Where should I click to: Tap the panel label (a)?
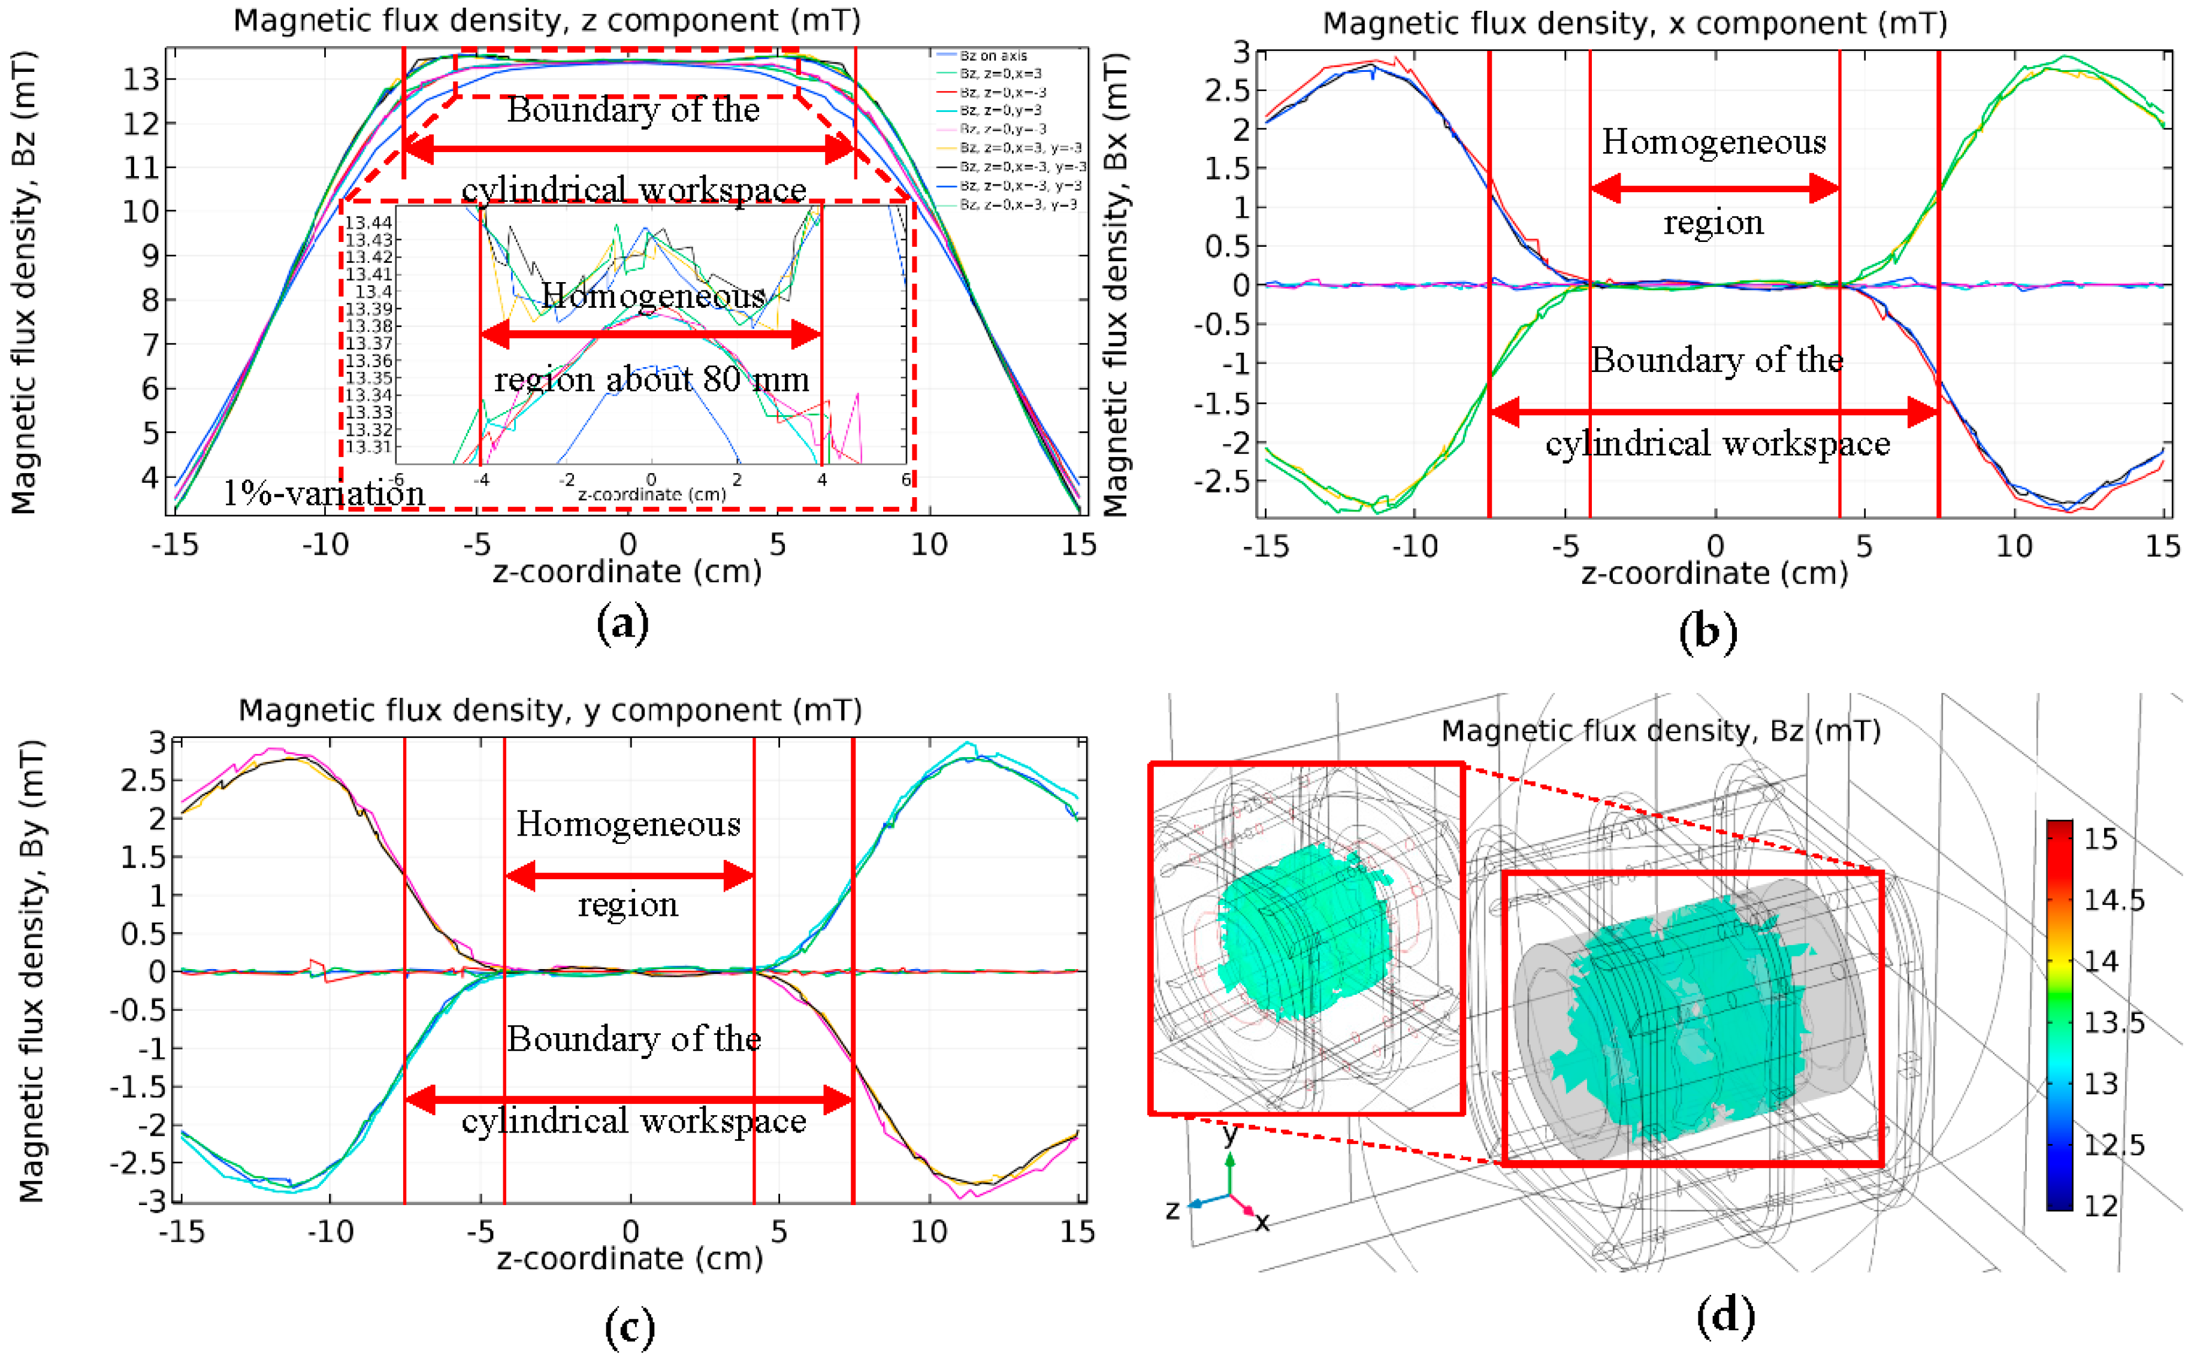click(x=622, y=623)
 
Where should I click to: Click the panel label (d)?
click(x=1725, y=1316)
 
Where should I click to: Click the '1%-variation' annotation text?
click(x=324, y=494)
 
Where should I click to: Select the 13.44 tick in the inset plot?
click(x=368, y=222)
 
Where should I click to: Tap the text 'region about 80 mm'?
click(x=652, y=379)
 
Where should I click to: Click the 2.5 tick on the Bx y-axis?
click(x=1227, y=91)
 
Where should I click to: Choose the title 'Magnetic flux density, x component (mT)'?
click(x=1634, y=23)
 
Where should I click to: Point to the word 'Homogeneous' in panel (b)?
click(x=1713, y=142)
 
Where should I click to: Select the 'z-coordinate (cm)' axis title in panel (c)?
click(x=629, y=1258)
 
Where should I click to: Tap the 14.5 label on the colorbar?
click(x=2114, y=900)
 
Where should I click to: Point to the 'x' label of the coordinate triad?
click(x=1262, y=1221)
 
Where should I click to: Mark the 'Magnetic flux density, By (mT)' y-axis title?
click(x=32, y=971)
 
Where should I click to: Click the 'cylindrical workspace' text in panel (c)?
click(x=634, y=1121)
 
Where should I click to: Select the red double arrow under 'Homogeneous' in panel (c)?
click(x=629, y=876)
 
